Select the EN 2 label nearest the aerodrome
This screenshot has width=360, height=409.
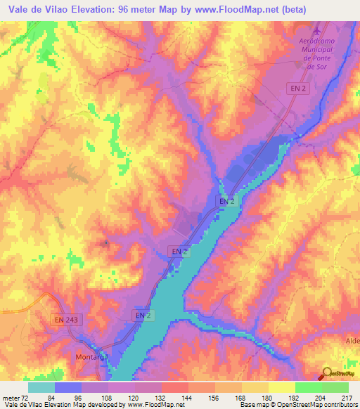click(297, 88)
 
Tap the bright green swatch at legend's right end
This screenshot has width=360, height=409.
click(335, 387)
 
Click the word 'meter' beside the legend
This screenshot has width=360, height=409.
click(11, 397)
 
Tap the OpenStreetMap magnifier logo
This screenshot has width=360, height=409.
click(328, 372)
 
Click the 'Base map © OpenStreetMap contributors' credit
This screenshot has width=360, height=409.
click(295, 405)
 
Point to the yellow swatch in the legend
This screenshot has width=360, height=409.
click(281, 387)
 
